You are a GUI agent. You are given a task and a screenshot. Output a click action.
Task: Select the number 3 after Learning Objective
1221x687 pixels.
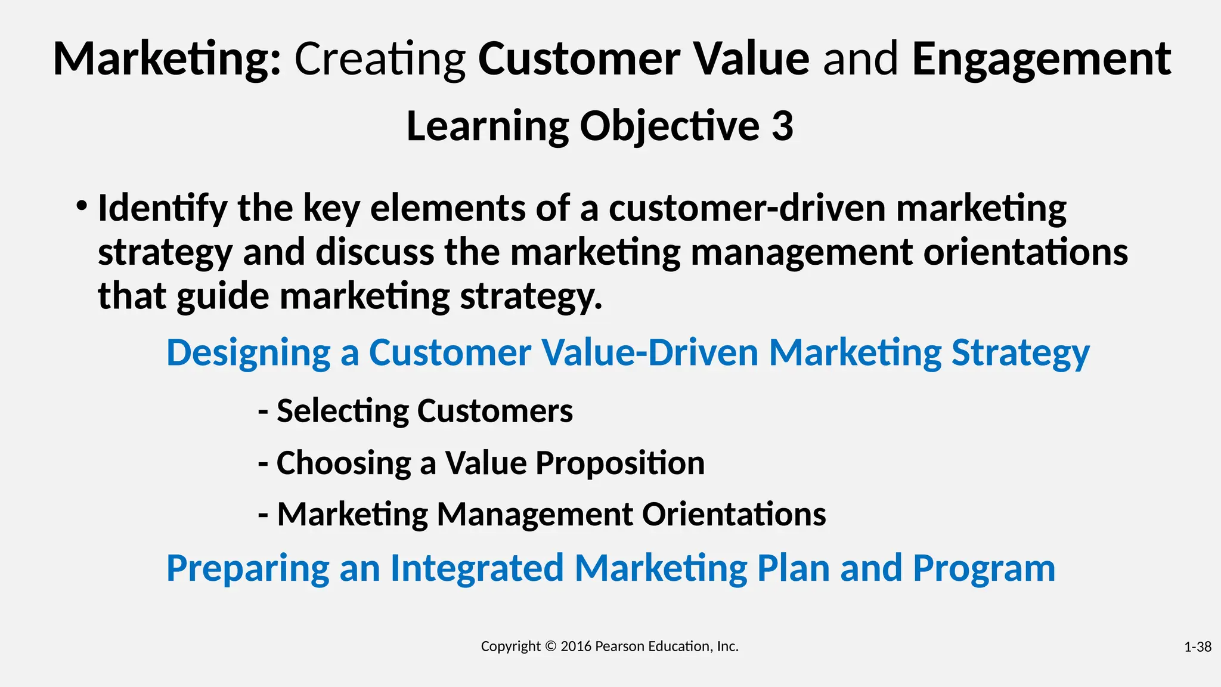click(782, 126)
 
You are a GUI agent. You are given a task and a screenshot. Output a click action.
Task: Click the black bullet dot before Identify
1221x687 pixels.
click(82, 207)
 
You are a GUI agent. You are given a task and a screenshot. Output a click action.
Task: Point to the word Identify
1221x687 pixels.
click(162, 208)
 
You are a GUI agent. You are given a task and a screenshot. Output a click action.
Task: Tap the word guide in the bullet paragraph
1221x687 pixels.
click(222, 296)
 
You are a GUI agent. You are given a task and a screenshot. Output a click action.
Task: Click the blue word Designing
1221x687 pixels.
click(248, 352)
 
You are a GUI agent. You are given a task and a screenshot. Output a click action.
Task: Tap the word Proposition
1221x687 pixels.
click(619, 463)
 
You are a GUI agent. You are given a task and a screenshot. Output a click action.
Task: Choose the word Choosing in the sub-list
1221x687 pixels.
click(343, 463)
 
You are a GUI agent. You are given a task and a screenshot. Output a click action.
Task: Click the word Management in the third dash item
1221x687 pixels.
click(534, 514)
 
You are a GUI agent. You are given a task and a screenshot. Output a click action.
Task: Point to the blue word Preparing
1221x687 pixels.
click(247, 568)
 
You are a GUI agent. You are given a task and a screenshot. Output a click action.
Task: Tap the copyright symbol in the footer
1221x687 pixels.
click(550, 646)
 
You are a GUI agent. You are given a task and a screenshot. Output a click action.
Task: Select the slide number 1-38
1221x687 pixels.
click(1197, 647)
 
